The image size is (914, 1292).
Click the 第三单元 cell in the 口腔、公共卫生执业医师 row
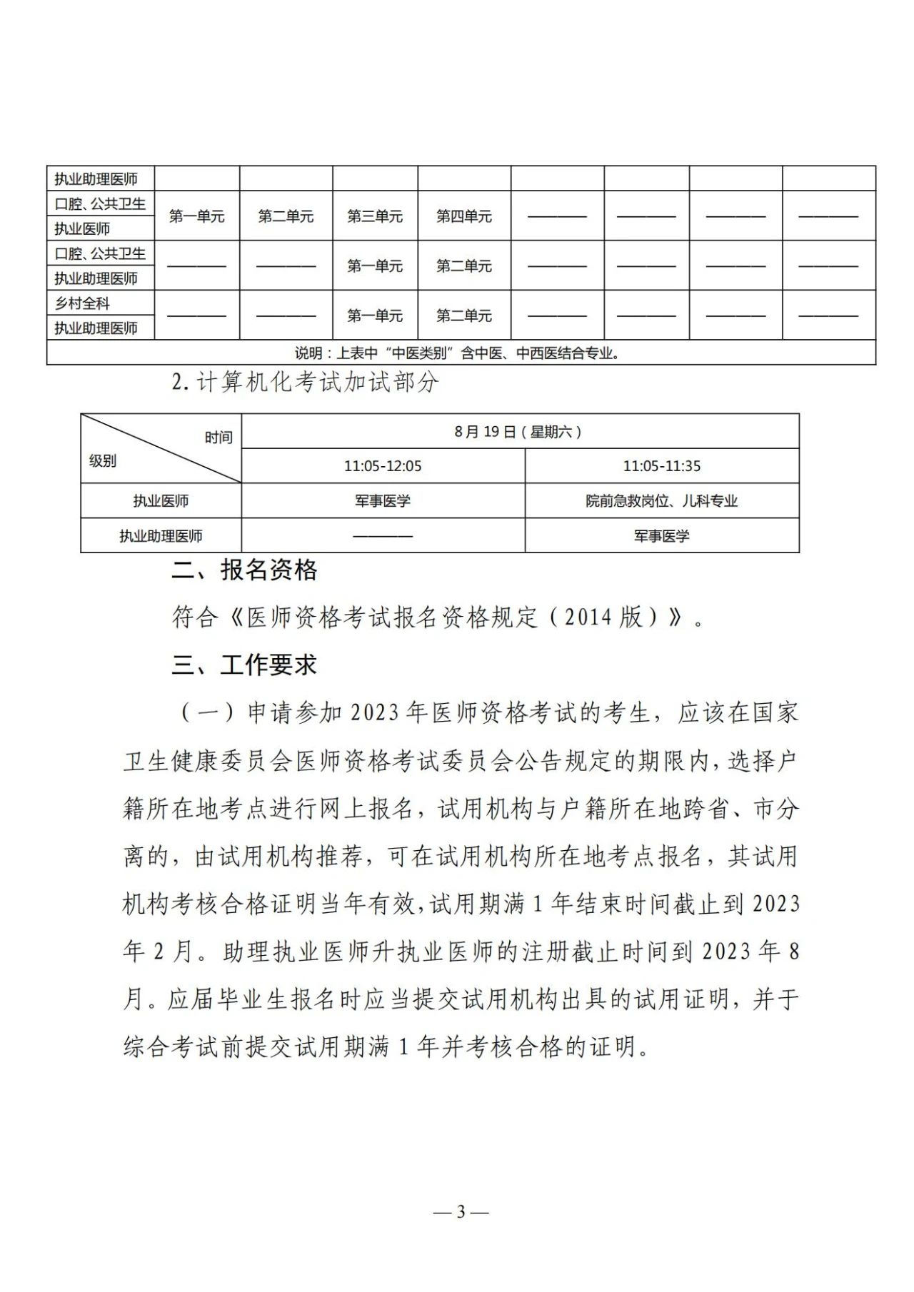tap(375, 216)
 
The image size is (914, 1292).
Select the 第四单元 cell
tap(464, 216)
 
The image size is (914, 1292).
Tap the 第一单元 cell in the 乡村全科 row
tap(375, 316)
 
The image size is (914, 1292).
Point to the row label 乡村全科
tap(83, 303)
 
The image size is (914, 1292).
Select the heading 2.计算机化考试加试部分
tap(305, 383)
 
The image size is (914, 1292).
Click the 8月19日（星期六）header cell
tap(519, 432)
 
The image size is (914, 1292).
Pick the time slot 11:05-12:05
tap(383, 466)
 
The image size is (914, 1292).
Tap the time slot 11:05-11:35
tap(662, 466)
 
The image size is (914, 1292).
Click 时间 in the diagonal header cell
tap(219, 438)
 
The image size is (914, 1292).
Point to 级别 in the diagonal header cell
tap(103, 461)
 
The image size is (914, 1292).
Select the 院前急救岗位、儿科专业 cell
tap(662, 501)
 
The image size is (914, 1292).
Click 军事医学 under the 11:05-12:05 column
tap(383, 501)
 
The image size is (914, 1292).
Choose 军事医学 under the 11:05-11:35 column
tap(662, 536)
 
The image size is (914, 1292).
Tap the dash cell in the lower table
tap(383, 536)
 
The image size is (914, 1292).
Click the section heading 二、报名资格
tap(244, 570)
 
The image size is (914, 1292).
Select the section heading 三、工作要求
tap(244, 665)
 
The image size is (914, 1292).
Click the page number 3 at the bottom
tap(461, 1211)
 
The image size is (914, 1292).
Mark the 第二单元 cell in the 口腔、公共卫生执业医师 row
tap(286, 216)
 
